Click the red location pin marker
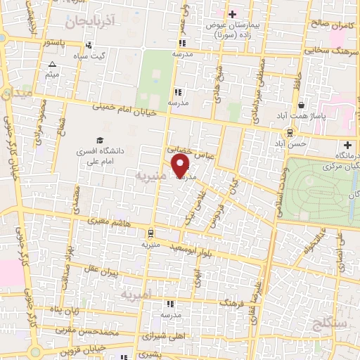coord(181,166)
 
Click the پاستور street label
coord(51,43)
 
